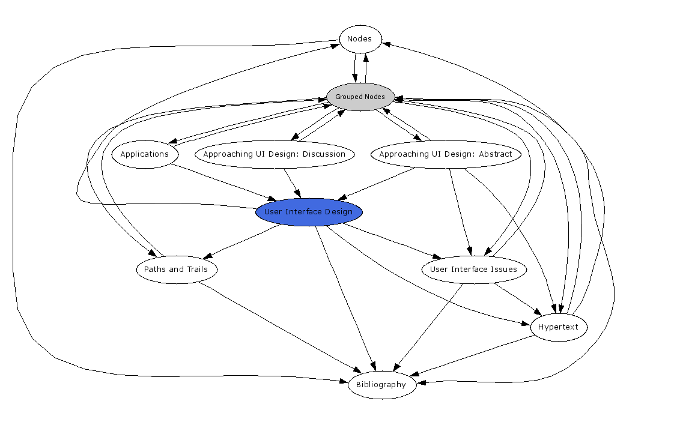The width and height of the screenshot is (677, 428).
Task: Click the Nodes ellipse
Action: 360,39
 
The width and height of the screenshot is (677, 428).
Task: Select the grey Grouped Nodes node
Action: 360,97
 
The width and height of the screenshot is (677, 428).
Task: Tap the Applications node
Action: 145,154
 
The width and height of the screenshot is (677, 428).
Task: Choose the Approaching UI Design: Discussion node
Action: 274,154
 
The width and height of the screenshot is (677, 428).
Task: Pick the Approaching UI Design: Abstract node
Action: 445,154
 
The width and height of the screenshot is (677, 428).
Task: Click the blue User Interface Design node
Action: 309,212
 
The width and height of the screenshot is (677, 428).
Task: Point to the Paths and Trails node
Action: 176,270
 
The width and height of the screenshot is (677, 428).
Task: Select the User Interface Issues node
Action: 473,270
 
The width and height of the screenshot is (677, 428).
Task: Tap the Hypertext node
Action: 558,327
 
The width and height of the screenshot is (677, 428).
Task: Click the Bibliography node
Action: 381,385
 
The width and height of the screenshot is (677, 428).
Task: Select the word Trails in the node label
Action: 196,270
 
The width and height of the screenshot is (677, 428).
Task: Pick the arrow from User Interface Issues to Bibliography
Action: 430,327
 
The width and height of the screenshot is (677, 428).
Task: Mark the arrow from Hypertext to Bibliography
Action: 475,356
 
